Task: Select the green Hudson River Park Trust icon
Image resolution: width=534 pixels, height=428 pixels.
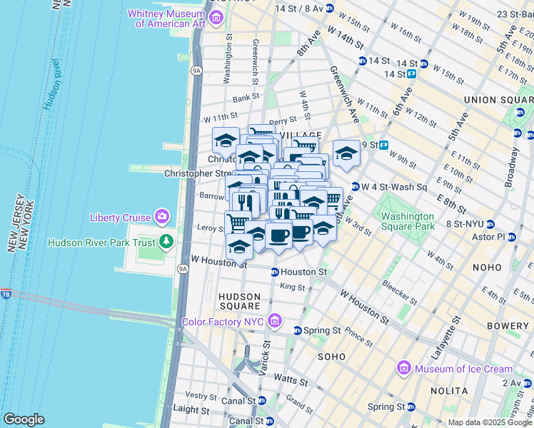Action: point(166,242)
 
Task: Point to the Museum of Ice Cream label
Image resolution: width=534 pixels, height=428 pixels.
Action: point(465,369)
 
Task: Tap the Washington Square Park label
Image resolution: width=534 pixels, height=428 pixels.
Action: point(407,221)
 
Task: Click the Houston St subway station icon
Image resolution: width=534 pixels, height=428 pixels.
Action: point(274,272)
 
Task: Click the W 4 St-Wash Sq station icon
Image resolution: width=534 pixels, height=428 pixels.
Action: point(354,187)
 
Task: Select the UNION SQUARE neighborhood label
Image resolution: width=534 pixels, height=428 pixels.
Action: point(497,99)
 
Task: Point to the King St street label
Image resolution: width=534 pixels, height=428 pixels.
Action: point(292,287)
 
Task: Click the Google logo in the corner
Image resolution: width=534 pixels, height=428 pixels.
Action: point(24,419)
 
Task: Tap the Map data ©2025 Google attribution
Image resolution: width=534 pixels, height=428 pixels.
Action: point(489,422)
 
